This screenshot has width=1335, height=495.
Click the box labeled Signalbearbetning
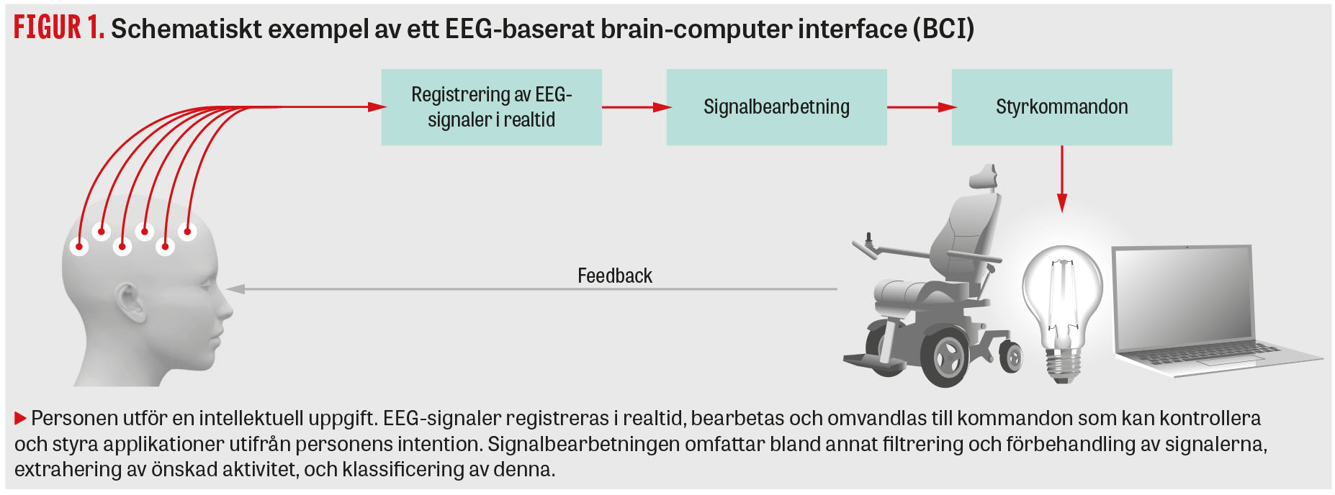pos(776,107)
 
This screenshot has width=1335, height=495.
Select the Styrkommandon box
pos(1061,107)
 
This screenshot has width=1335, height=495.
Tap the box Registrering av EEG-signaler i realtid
pos(491,107)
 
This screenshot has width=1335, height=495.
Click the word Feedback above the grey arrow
pos(614,276)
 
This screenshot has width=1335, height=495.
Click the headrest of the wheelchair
pos(983,177)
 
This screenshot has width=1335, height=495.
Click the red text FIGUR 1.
pos(58,27)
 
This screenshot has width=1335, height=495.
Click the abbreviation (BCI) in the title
pos(943,29)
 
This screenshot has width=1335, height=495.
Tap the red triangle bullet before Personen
pos(20,418)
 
